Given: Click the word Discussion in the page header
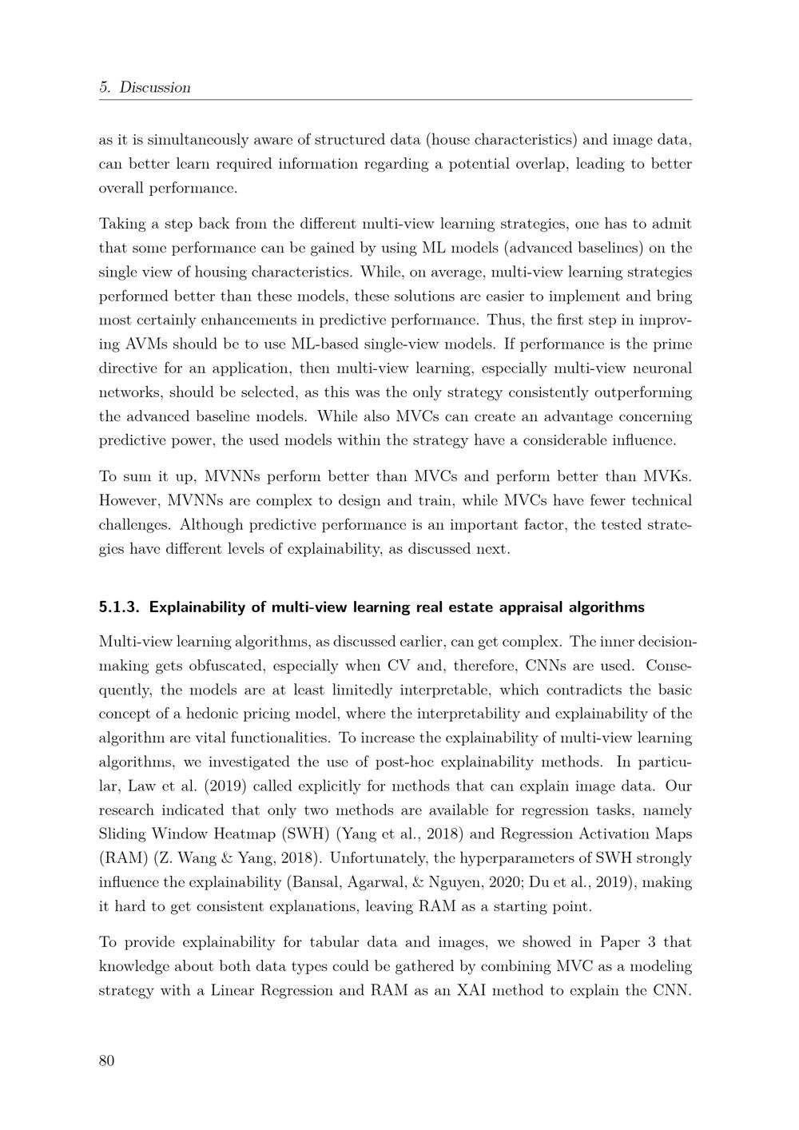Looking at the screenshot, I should click(155, 88).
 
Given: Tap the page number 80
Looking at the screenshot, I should click(107, 1060).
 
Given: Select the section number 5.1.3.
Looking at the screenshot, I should click(120, 607).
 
